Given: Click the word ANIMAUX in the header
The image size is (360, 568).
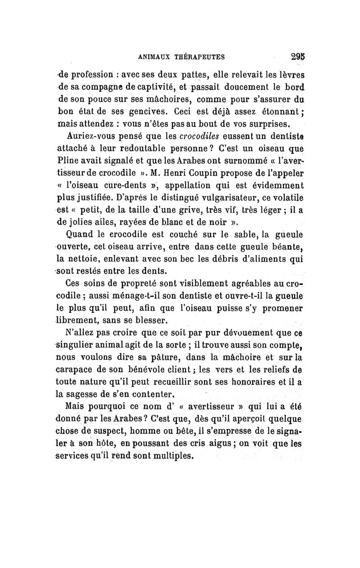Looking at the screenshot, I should [157, 57].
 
